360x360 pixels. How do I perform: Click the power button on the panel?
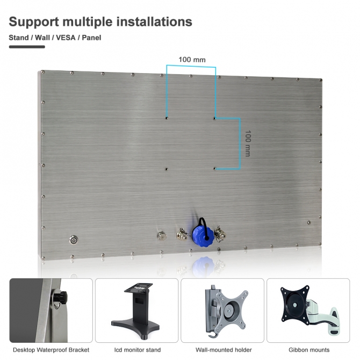click(73, 240)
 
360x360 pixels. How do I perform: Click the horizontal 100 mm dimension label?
click(192, 60)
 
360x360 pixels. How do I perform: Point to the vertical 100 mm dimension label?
click(248, 143)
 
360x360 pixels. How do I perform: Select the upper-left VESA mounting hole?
click(167, 118)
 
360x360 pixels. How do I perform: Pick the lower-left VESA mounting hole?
click(167, 169)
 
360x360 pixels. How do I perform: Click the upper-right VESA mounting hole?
click(215, 118)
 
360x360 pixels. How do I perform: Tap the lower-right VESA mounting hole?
click(215, 169)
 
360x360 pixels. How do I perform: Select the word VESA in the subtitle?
click(66, 38)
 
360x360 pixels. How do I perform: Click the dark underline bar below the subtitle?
click(27, 47)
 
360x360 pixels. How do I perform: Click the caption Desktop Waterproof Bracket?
click(51, 350)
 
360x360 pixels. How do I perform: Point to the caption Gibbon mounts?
click(309, 350)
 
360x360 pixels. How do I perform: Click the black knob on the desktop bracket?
click(60, 297)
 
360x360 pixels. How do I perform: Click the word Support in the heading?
click(34, 22)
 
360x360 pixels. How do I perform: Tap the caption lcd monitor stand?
click(138, 350)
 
